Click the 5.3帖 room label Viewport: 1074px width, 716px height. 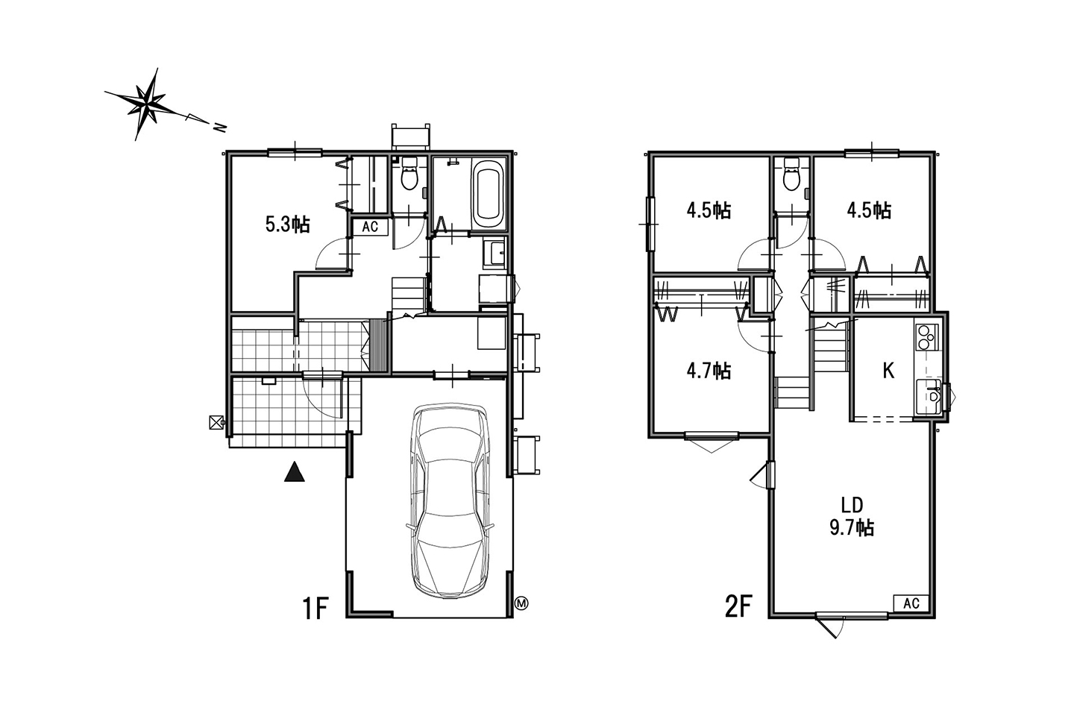pos(288,224)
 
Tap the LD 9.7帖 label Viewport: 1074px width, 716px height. pos(852,517)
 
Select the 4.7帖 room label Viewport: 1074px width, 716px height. pos(709,371)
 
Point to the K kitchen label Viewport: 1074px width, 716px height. pos(888,371)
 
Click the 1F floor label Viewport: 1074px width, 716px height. pos(315,609)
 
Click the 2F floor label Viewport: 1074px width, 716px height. pos(738,606)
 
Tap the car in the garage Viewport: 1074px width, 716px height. pos(450,500)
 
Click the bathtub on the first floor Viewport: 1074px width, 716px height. pos(489,195)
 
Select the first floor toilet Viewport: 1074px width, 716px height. pos(409,173)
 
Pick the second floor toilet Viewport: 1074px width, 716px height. pos(791,174)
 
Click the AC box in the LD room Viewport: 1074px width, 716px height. pos(911,603)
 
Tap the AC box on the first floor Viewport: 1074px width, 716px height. pos(370,227)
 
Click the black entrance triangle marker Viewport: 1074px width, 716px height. pos(295,471)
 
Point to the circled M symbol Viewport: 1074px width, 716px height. pos(521,603)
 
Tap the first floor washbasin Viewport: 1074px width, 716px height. pos(494,252)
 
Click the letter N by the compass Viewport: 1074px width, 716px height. pos(219,128)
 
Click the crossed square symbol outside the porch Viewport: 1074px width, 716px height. pos(217,422)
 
